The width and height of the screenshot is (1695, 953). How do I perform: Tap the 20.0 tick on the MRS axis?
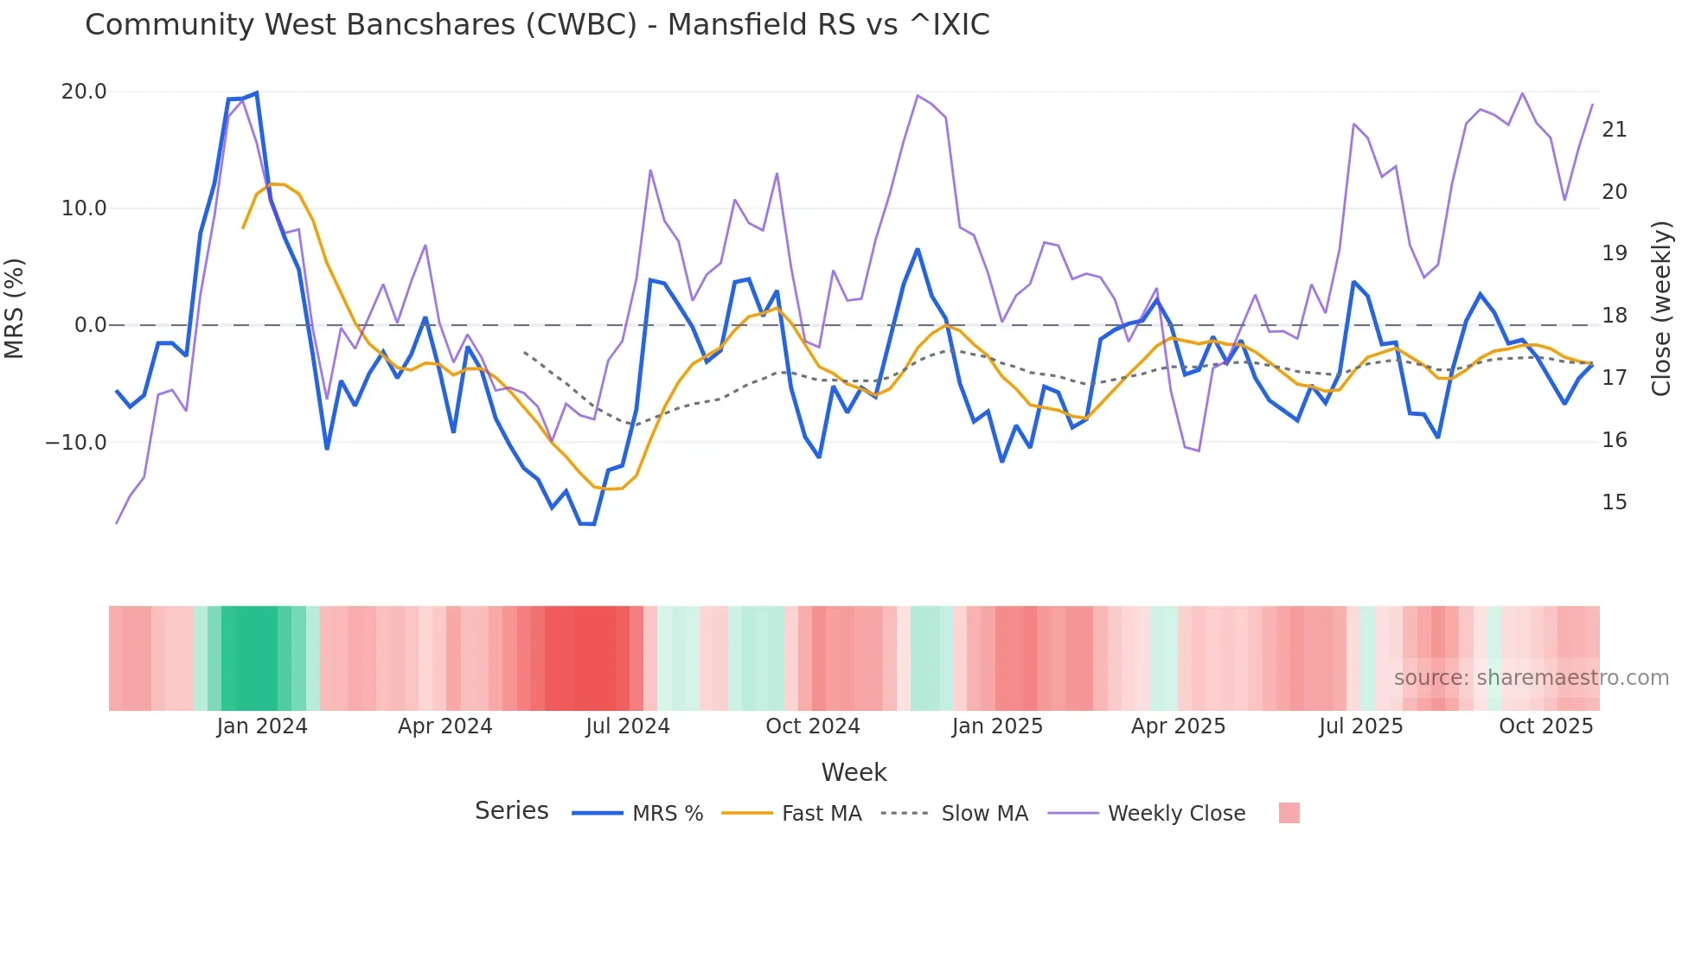(x=84, y=92)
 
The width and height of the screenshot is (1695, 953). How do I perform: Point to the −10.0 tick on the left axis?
(x=76, y=443)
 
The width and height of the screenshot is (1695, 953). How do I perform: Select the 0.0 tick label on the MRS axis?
(x=90, y=325)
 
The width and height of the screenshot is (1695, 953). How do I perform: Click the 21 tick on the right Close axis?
(x=1614, y=130)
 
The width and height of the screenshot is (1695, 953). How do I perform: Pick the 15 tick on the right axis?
(x=1614, y=502)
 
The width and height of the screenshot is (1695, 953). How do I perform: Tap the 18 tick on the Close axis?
(x=1614, y=316)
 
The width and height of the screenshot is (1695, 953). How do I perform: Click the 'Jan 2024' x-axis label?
(x=262, y=726)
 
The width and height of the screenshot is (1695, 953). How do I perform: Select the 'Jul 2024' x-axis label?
(x=628, y=726)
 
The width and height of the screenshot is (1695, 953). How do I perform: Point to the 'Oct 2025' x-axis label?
(x=1545, y=726)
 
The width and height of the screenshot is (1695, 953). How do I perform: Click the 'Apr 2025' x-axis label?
(x=1178, y=726)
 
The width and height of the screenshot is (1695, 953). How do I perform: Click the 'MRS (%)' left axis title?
(x=15, y=309)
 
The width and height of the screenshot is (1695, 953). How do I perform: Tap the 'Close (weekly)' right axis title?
(x=1661, y=309)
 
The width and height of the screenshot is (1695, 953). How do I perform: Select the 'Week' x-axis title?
(x=854, y=772)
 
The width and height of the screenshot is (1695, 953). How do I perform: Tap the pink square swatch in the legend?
(x=1289, y=814)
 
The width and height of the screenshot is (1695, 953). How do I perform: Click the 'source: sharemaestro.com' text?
(x=1531, y=678)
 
